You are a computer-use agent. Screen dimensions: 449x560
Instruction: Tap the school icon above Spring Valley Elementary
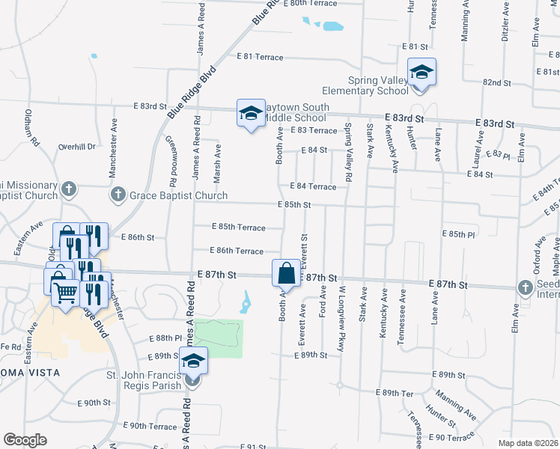click(x=421, y=73)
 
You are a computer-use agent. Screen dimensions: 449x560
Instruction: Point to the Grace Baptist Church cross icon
click(x=118, y=196)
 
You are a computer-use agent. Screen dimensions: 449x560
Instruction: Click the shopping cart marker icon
click(x=65, y=293)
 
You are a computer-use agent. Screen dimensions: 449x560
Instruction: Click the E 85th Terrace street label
click(x=238, y=227)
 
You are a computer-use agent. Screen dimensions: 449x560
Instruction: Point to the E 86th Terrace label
click(x=238, y=251)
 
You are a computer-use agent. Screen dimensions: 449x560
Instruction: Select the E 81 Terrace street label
click(x=260, y=57)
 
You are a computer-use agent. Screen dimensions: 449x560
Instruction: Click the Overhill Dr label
click(x=78, y=147)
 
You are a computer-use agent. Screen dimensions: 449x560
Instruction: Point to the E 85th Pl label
click(x=458, y=234)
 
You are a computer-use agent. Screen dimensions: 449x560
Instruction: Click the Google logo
click(x=25, y=440)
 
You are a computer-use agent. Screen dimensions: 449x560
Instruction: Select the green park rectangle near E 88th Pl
click(x=220, y=338)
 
